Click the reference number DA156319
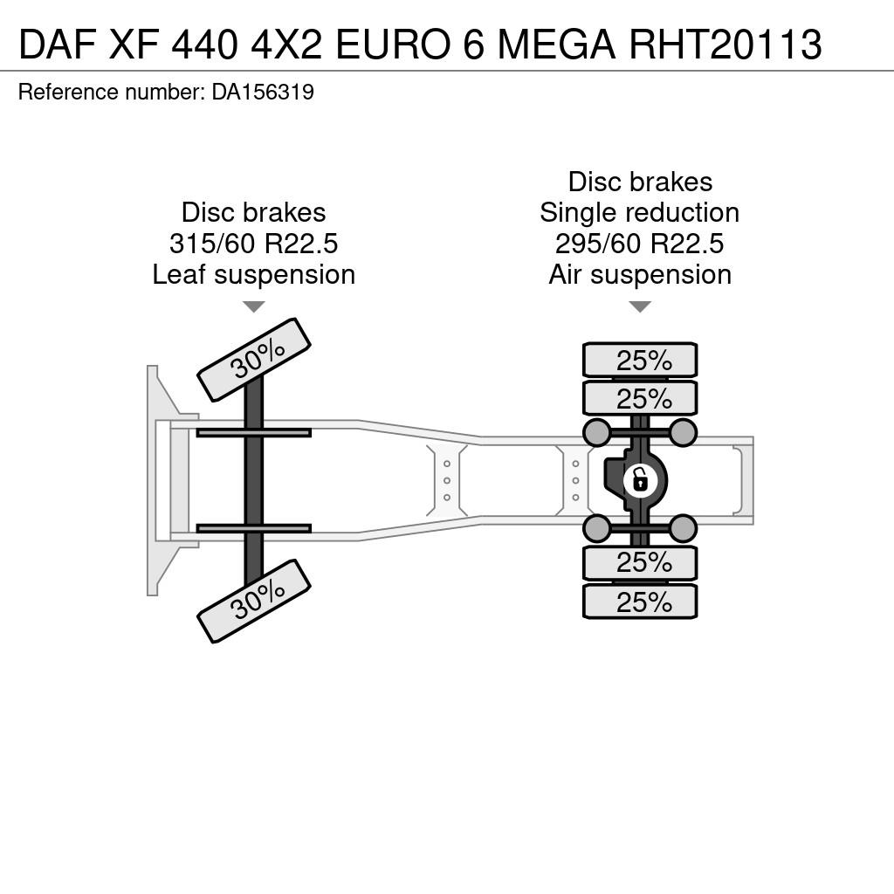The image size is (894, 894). click(x=263, y=92)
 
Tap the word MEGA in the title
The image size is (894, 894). click(x=556, y=44)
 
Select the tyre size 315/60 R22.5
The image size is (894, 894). click(x=254, y=244)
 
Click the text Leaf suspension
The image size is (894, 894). click(x=254, y=274)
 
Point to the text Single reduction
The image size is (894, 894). click(x=640, y=213)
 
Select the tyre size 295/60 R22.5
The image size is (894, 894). click(x=640, y=244)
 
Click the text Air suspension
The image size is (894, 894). click(x=640, y=274)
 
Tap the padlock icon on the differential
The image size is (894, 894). click(x=641, y=480)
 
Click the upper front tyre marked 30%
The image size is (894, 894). click(x=254, y=360)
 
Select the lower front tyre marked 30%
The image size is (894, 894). click(x=254, y=601)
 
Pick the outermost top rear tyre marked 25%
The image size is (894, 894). click(x=640, y=360)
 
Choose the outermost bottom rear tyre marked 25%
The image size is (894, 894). click(x=640, y=601)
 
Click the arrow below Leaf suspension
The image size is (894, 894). click(x=254, y=306)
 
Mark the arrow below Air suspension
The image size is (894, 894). click(x=640, y=306)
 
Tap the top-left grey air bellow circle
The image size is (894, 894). click(x=597, y=432)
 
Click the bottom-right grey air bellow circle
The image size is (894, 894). click(x=683, y=528)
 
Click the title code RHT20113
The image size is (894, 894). click(x=726, y=44)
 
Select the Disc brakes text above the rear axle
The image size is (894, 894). click(x=640, y=182)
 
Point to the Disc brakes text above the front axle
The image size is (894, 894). click(x=254, y=213)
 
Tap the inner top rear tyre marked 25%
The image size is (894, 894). click(x=640, y=398)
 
